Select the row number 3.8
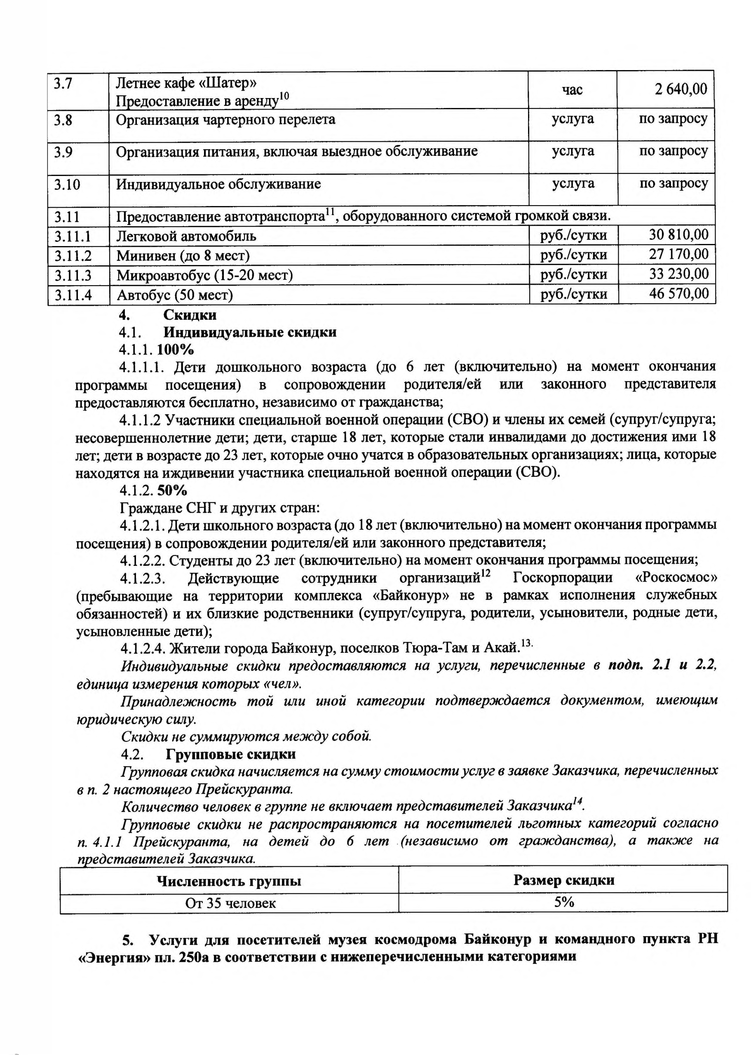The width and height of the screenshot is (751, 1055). pyautogui.click(x=63, y=120)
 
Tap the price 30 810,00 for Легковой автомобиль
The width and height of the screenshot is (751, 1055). pyautogui.click(x=678, y=235)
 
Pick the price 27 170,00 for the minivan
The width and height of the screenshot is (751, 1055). pyautogui.click(x=678, y=254)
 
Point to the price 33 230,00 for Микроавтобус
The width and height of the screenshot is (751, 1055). pyautogui.click(x=678, y=274)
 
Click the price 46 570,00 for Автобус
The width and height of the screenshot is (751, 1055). pyautogui.click(x=678, y=293)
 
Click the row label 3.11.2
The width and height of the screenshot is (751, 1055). pyautogui.click(x=73, y=256)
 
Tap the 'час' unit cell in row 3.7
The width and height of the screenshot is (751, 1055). pyautogui.click(x=572, y=90)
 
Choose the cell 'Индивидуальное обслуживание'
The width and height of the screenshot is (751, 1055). pyautogui.click(x=218, y=184)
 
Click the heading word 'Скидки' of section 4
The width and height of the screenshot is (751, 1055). pyautogui.click(x=190, y=315)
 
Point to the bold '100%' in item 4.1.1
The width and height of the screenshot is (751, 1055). pyautogui.click(x=175, y=349)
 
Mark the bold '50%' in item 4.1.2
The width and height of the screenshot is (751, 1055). pyautogui.click(x=172, y=490)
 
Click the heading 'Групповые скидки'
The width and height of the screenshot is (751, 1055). pyautogui.click(x=230, y=755)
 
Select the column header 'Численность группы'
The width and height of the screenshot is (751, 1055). pyautogui.click(x=229, y=881)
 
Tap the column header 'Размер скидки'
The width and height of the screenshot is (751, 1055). pyautogui.click(x=564, y=880)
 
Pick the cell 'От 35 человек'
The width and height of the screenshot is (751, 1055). pyautogui.click(x=230, y=903)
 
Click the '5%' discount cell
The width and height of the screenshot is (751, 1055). pyautogui.click(x=564, y=903)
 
